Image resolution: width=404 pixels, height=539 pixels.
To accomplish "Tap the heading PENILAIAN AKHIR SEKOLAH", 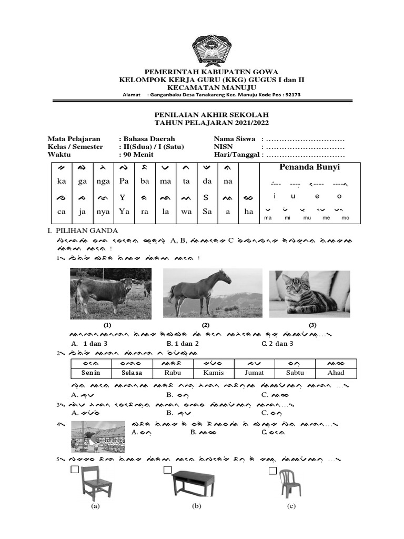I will (x=211, y=114).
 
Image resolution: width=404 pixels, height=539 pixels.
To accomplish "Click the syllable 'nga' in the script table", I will (x=103, y=182).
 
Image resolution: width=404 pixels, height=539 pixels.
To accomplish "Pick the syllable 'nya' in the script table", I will (x=103, y=212).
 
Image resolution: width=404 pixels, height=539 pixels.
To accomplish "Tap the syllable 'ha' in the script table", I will (x=249, y=212).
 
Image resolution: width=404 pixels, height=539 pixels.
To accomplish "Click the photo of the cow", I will (x=111, y=293).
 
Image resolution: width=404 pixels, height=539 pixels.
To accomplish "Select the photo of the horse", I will (x=212, y=293).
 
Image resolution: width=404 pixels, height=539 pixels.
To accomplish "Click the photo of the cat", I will (x=309, y=294).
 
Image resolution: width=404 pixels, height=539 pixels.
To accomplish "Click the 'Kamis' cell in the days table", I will (x=213, y=373).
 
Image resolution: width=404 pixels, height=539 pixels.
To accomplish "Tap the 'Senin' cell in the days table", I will (x=90, y=373).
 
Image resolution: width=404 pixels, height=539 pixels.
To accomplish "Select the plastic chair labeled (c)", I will (x=290, y=483).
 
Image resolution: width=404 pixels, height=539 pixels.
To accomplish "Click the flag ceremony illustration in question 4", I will (x=98, y=437).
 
